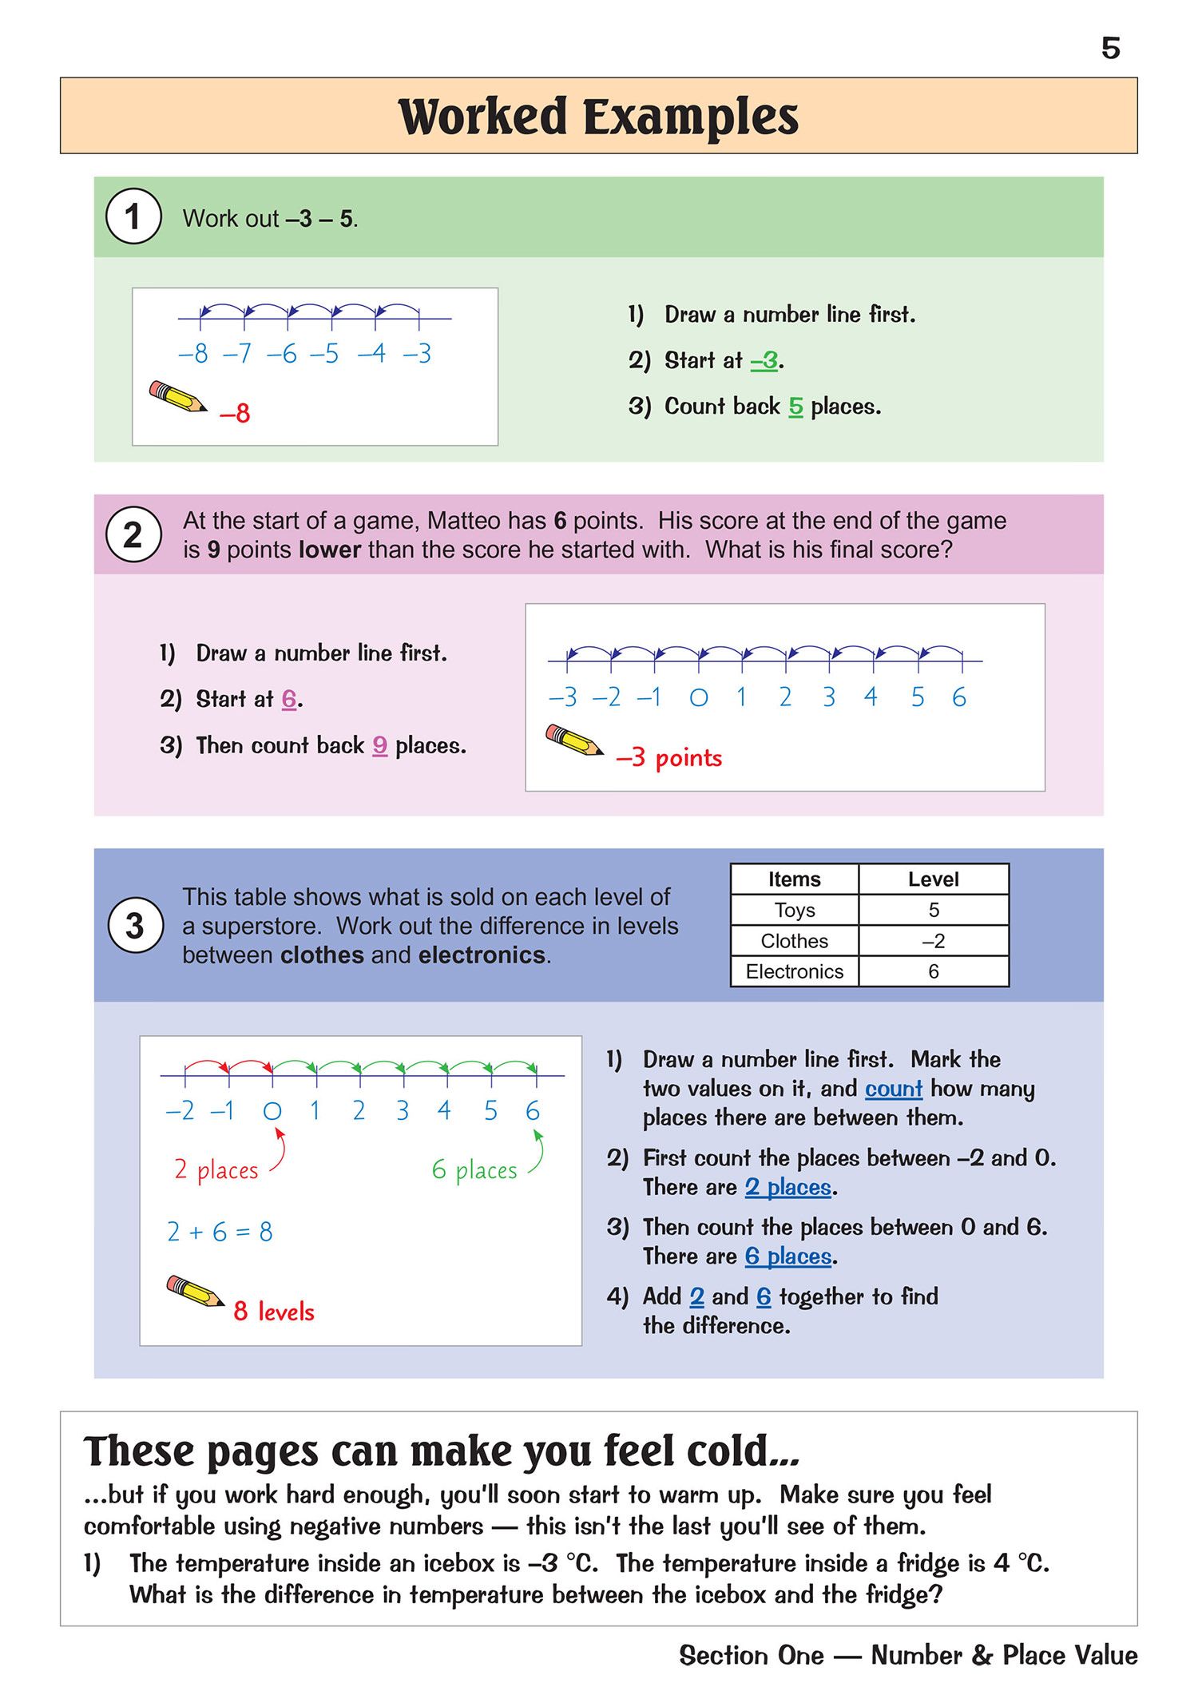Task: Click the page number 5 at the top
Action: point(1110,49)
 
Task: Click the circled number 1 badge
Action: point(133,216)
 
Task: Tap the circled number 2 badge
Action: point(133,534)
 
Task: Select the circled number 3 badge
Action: point(135,926)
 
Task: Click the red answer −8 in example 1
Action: point(235,413)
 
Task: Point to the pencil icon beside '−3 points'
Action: point(573,740)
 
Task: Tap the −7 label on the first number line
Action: point(236,353)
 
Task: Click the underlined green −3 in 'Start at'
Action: point(764,361)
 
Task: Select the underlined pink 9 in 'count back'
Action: point(380,746)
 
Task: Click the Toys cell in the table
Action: point(794,910)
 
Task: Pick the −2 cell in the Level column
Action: point(933,941)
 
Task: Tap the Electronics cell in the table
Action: point(794,971)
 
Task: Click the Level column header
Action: point(933,879)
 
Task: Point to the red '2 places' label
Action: point(216,1170)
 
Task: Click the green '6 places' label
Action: point(474,1170)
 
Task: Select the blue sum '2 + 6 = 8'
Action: point(220,1232)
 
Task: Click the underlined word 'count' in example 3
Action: point(894,1089)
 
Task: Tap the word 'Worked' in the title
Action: point(482,117)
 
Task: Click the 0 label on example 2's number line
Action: point(698,698)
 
